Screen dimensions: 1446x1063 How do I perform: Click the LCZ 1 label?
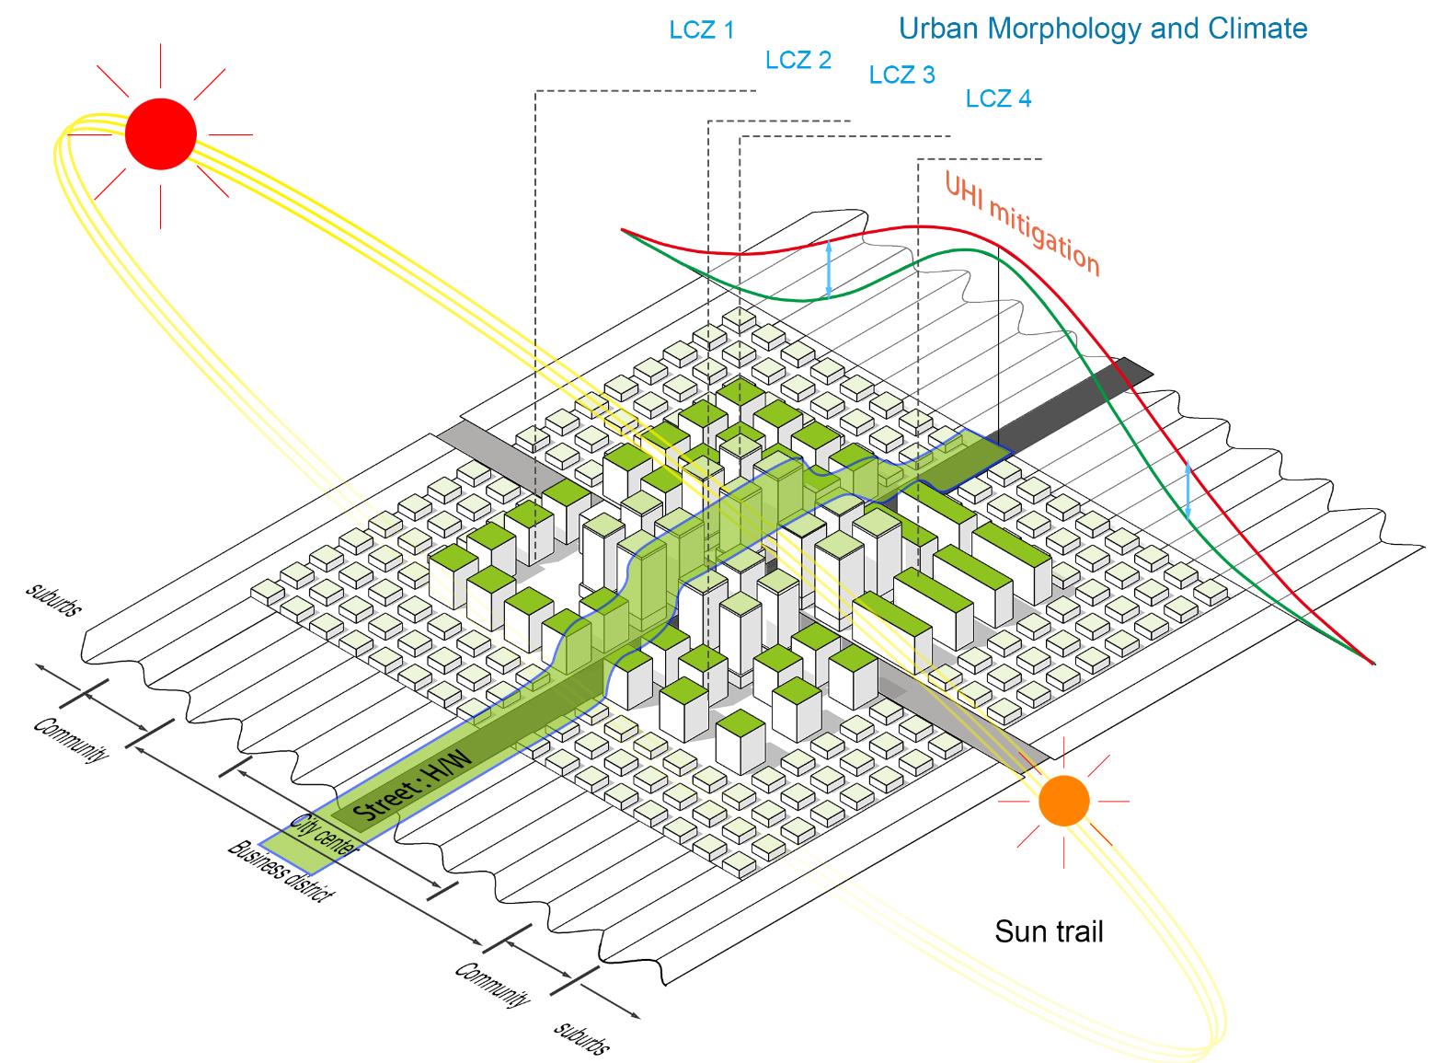tap(702, 29)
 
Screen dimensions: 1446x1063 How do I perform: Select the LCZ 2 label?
tap(798, 60)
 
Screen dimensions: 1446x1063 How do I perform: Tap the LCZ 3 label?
tap(901, 75)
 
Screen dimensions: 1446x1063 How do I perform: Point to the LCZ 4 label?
tap(999, 98)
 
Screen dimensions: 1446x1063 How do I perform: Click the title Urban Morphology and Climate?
tap(1103, 29)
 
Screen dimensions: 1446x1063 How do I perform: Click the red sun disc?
tap(161, 133)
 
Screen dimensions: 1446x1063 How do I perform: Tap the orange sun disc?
tap(1064, 801)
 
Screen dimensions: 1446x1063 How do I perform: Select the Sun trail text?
tap(1049, 932)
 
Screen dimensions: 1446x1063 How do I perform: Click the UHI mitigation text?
tap(1022, 223)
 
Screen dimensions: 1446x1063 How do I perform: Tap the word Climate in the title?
tap(1257, 29)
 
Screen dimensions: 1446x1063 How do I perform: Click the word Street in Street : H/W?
tap(384, 802)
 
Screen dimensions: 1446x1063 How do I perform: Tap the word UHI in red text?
tap(963, 190)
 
